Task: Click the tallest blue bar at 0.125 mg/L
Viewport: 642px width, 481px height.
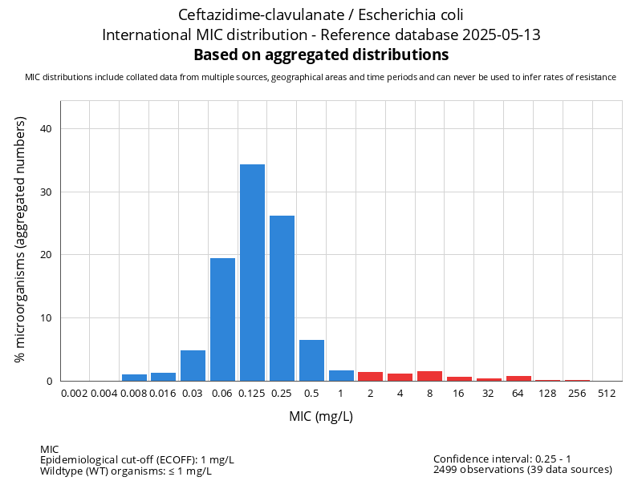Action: [x=252, y=273]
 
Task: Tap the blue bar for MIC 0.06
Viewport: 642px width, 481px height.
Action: [x=222, y=319]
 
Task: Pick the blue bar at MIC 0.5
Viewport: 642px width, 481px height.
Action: [x=311, y=361]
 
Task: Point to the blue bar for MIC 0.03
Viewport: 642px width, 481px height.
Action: [x=193, y=366]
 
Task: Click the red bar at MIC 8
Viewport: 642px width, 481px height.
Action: [x=429, y=376]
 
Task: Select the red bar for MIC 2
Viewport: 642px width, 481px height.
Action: [x=370, y=377]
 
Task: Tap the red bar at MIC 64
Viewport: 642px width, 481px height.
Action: [x=518, y=378]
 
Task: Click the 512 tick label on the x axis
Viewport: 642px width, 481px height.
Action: [x=607, y=394]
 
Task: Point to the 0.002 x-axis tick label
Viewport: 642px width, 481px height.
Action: [x=75, y=394]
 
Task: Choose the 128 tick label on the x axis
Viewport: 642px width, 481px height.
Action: [x=547, y=394]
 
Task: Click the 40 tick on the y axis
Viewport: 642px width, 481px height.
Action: [x=46, y=129]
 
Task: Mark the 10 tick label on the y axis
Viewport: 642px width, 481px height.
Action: [x=46, y=318]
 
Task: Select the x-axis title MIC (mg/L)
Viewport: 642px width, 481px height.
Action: [x=321, y=417]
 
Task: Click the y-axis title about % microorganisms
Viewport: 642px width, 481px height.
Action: [x=22, y=239]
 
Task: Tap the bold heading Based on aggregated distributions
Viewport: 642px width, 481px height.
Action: [x=321, y=55]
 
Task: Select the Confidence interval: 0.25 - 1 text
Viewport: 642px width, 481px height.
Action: [x=502, y=459]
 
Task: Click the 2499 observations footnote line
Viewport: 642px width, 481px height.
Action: [x=522, y=470]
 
